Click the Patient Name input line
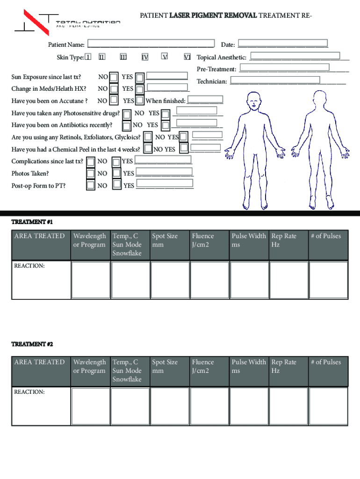click(151, 45)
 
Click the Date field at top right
click(282, 44)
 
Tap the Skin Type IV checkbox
click(145, 57)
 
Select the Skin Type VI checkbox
click(187, 57)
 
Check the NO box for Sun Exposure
click(113, 77)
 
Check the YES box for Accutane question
click(139, 101)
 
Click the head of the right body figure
click(320, 99)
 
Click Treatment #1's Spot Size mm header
click(165, 240)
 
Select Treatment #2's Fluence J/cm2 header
click(203, 366)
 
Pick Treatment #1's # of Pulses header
click(326, 236)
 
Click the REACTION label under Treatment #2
click(29, 392)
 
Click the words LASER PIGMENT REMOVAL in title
click(213, 15)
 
